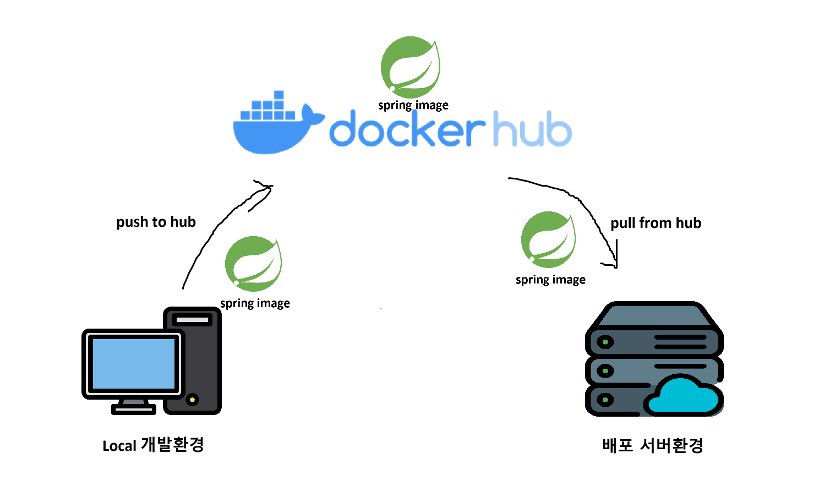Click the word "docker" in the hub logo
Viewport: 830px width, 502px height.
tap(406, 129)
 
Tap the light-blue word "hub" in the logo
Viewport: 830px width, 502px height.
tap(532, 129)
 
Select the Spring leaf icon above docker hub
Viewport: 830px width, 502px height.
tap(410, 67)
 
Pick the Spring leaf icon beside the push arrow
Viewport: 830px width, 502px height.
tap(253, 264)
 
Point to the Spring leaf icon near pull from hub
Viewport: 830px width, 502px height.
tap(548, 239)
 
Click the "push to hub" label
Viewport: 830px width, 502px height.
tap(156, 222)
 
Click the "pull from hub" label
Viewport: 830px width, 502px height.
tap(656, 223)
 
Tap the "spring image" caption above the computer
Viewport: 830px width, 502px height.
tap(255, 303)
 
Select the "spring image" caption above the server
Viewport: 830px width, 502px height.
tap(550, 280)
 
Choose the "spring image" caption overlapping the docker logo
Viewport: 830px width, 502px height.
tap(413, 105)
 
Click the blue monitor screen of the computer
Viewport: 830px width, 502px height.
tap(133, 364)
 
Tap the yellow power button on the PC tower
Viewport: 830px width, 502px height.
tap(192, 399)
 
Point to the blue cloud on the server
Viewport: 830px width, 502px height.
tap(684, 396)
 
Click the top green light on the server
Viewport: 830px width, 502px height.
tap(605, 342)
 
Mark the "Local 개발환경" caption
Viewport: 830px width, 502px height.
tap(153, 445)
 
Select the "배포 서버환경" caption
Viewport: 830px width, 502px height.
tap(653, 445)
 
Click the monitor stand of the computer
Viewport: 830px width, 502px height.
tap(134, 406)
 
